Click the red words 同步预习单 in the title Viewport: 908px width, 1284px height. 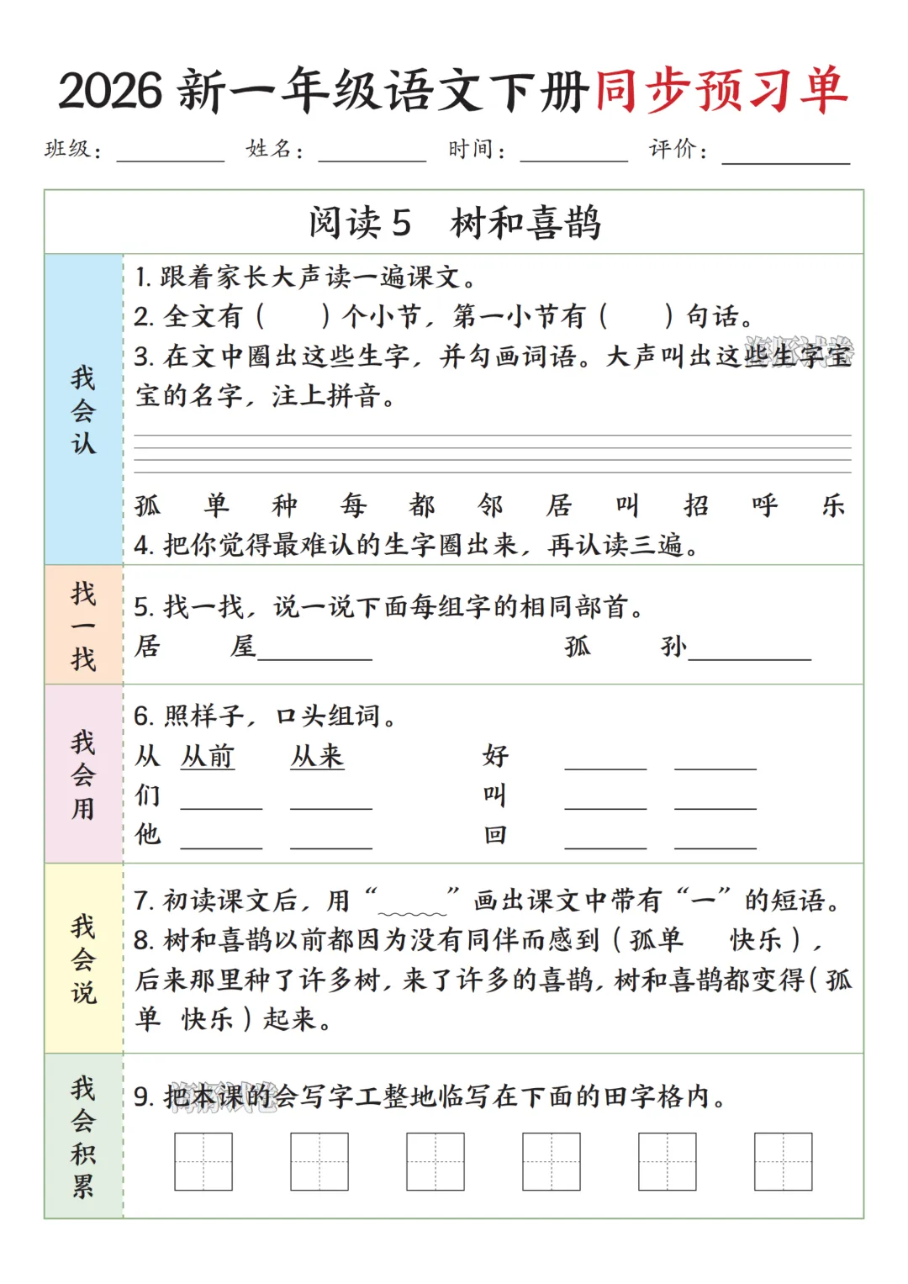[721, 91]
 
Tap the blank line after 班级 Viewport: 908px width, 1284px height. [171, 156]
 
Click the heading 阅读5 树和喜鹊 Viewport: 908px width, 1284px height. [454, 223]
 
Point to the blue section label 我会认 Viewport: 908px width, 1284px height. [83, 410]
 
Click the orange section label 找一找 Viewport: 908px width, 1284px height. [83, 626]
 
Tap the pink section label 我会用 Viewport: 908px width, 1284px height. [83, 774]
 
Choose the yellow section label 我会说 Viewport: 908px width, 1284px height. [83, 959]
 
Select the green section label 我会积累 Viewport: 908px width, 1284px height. [83, 1136]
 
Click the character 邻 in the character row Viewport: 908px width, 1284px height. [490, 505]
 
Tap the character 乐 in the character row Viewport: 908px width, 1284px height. [833, 505]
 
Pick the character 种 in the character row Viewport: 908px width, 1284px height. [285, 505]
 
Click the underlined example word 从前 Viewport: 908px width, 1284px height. [208, 756]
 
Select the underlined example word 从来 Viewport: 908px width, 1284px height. [317, 756]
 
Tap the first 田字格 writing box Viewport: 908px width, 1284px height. [203, 1161]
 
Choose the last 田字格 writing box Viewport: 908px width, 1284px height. [783, 1161]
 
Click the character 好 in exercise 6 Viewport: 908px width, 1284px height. [495, 756]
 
